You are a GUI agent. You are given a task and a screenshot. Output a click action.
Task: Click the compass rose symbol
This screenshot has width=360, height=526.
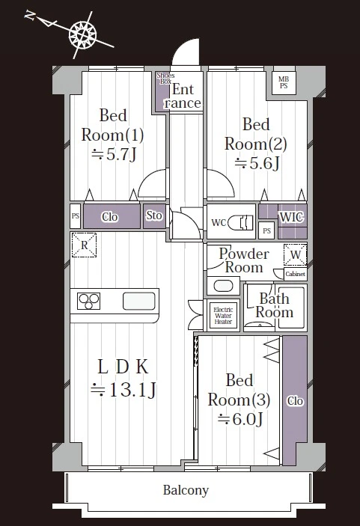82,34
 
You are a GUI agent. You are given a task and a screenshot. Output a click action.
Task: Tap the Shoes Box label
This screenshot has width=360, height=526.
165,78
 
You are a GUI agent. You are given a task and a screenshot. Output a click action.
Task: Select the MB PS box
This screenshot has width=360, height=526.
284,82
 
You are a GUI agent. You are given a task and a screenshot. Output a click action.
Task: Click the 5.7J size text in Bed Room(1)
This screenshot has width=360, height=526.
114,155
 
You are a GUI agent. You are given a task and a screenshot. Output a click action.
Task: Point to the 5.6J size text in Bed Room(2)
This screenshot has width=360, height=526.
257,163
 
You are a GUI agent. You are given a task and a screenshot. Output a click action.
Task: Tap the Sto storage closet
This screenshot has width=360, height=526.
154,216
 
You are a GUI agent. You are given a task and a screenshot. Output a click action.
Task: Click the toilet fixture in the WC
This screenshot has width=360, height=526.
240,222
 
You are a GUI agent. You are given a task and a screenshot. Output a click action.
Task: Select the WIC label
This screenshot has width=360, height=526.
291,217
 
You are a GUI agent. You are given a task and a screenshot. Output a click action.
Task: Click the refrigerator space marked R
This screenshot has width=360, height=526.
84,245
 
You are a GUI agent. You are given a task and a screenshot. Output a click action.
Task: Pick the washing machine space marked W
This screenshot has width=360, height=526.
295,254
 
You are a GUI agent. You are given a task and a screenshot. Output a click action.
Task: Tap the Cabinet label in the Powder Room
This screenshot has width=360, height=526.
295,274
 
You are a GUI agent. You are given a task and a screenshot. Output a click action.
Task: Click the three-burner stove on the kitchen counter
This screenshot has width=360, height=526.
88,301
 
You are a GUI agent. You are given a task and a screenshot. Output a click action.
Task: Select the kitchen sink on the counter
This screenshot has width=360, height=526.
139,301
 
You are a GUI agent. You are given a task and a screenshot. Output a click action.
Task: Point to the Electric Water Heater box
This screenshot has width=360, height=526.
223,316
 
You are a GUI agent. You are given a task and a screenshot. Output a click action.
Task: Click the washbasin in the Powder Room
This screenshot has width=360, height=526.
223,286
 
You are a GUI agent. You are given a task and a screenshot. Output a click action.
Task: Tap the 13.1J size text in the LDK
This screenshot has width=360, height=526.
123,390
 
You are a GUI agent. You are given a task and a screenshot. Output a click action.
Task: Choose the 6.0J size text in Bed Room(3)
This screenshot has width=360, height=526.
240,419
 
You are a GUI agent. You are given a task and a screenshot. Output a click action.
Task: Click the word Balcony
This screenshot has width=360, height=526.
186,490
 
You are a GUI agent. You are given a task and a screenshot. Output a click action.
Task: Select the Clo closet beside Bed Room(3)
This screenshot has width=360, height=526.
295,400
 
